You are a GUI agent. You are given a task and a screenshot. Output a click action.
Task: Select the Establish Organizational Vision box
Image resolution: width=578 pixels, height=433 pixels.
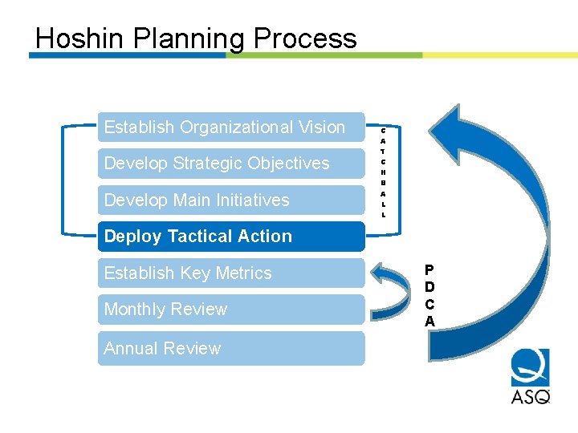pyautogui.click(x=231, y=127)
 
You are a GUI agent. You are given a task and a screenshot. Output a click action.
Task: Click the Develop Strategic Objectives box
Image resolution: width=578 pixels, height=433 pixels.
pyautogui.click(x=231, y=164)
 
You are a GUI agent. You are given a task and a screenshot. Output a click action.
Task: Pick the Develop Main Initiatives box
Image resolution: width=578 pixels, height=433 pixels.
pyautogui.click(x=231, y=200)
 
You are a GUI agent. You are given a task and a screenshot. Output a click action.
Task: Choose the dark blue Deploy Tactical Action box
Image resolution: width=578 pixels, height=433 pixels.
pyautogui.click(x=231, y=237)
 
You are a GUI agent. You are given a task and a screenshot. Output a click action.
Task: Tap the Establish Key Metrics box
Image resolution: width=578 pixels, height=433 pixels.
pyautogui.click(x=231, y=273)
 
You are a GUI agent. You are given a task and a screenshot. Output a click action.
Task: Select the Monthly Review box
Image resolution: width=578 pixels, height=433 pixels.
pyautogui.click(x=231, y=310)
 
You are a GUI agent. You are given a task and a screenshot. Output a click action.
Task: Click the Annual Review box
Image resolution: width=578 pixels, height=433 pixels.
pyautogui.click(x=231, y=348)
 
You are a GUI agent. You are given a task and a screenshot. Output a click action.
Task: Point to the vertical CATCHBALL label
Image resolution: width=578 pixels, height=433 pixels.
pyautogui.click(x=384, y=172)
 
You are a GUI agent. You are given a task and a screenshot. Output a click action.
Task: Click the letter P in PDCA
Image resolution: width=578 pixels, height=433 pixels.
pyautogui.click(x=429, y=270)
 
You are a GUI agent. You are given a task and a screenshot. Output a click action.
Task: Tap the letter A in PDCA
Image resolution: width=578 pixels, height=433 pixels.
pyautogui.click(x=429, y=322)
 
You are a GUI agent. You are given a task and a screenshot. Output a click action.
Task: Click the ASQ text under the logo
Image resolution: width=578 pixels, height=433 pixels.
pyautogui.click(x=531, y=395)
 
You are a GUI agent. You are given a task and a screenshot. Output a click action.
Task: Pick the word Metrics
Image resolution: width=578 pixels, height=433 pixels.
pyautogui.click(x=243, y=273)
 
